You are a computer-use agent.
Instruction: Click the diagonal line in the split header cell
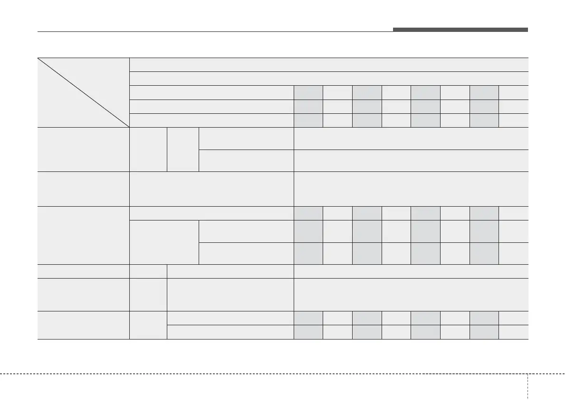[x=83, y=92]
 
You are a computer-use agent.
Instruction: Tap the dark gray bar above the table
[x=460, y=30]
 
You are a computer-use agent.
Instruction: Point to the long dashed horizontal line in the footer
[x=261, y=373]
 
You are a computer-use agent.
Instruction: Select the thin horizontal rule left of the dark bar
[x=214, y=32]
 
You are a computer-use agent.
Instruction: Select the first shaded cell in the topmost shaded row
[x=308, y=92]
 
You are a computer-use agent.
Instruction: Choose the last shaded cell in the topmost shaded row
[x=484, y=92]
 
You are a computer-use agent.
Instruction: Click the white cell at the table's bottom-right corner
[x=514, y=332]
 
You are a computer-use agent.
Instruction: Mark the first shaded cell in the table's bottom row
[x=308, y=332]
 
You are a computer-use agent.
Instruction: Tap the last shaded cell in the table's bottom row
[x=484, y=332]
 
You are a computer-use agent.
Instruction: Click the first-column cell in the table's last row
[x=83, y=325]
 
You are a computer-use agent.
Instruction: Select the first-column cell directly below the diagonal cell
[x=83, y=149]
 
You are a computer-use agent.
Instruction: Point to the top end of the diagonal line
[x=38, y=59]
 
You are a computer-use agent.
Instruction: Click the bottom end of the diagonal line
[x=129, y=127]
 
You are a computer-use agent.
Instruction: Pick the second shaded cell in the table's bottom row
[x=367, y=332]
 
